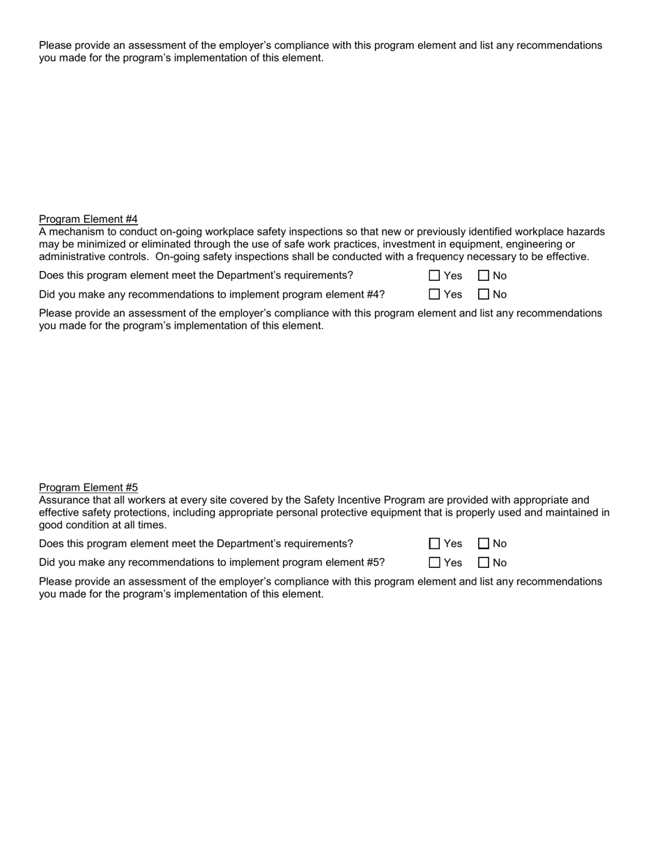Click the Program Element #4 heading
tap(88, 219)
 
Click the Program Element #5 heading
tap(88, 487)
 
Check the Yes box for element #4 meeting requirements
tap(435, 276)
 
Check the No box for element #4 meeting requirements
tap(484, 276)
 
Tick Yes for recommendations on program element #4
tap(435, 295)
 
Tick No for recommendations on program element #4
tap(484, 295)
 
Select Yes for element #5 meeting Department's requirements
tap(435, 544)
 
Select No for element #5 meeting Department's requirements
tap(484, 544)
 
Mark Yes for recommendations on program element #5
tap(435, 563)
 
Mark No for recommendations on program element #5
tap(484, 563)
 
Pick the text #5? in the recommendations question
tap(375, 562)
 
